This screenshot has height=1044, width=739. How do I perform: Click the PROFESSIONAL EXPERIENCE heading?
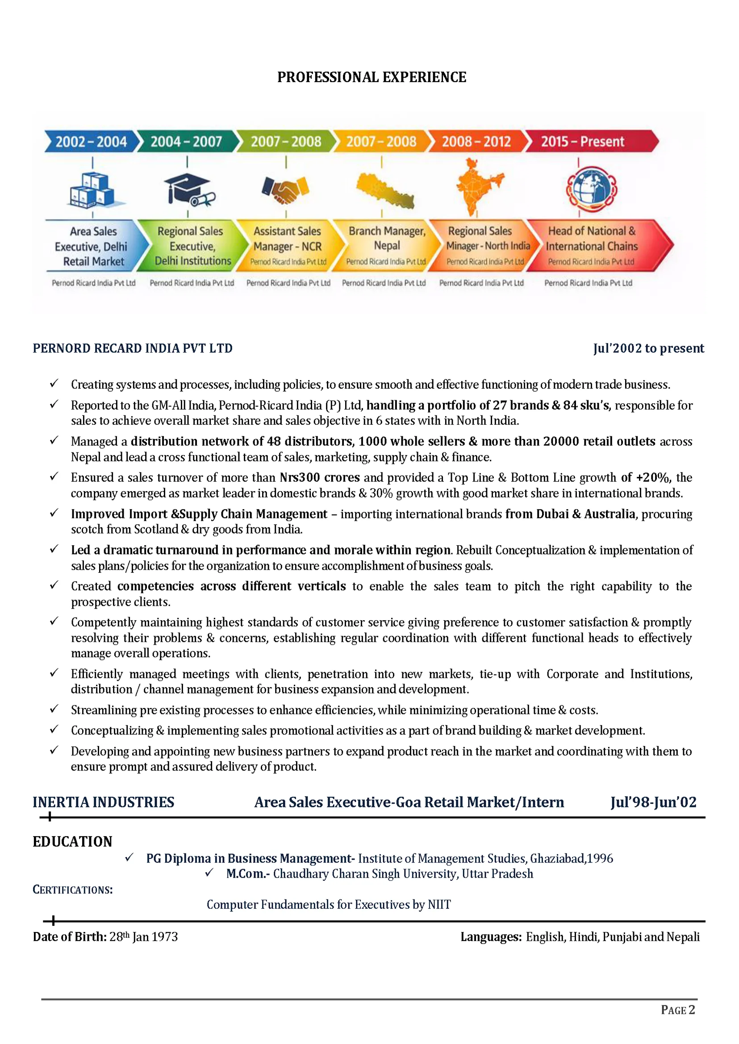pos(372,77)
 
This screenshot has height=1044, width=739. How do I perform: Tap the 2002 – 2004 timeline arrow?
pos(91,141)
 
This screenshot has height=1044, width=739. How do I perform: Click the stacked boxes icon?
pos(93,191)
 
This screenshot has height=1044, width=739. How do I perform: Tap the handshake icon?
pos(285,189)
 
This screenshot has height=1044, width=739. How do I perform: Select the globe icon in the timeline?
pos(591,189)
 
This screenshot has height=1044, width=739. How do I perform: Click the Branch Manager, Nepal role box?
pos(386,245)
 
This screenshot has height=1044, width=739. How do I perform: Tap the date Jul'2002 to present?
pos(648,348)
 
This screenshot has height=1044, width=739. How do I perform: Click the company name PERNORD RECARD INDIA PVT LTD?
pos(133,348)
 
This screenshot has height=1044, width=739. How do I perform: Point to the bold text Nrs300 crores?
pos(319,477)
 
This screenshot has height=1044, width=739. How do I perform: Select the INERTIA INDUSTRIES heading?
pos(103,802)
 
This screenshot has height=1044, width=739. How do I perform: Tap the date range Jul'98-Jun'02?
pos(653,802)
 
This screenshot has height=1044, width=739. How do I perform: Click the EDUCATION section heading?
pos(72,841)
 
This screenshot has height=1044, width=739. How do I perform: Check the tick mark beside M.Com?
pos(209,873)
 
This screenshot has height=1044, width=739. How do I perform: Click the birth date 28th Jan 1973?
pos(143,936)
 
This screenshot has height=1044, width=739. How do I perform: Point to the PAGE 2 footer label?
pos(677,1011)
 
